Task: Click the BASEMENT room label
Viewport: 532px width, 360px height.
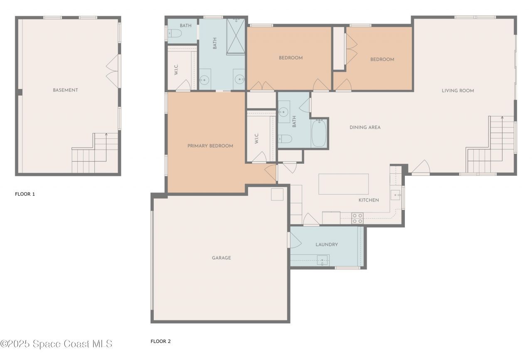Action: [65, 90]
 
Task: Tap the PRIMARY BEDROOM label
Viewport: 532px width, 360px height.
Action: [210, 146]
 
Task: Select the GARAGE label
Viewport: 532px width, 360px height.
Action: [221, 258]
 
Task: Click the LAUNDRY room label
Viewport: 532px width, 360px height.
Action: [326, 245]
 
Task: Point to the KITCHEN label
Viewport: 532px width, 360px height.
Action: [368, 200]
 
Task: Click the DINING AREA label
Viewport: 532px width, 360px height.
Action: [365, 128]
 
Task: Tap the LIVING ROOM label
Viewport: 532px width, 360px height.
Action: [458, 91]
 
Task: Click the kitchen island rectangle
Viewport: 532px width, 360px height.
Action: [343, 184]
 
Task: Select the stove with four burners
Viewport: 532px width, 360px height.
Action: [357, 218]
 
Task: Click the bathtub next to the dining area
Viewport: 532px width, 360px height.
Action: [319, 133]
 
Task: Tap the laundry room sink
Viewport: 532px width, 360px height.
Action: [322, 261]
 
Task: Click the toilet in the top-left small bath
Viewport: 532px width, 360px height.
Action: [175, 35]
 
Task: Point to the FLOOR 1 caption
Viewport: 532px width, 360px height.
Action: [25, 194]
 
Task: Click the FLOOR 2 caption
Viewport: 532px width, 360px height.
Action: [160, 342]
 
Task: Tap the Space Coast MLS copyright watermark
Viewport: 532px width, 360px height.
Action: [56, 344]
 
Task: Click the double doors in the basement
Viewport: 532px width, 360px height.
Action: [113, 71]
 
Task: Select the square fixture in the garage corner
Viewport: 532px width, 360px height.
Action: [277, 195]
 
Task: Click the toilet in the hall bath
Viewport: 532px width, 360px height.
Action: [285, 139]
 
